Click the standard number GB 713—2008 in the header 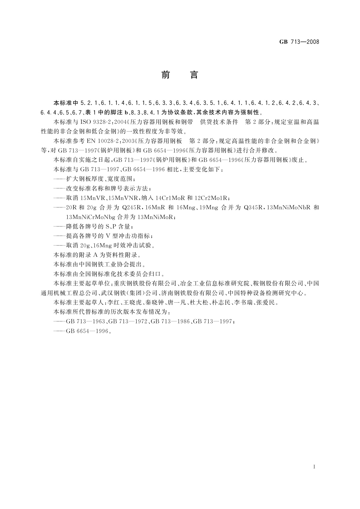pos(299,42)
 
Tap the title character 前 pos(165,75)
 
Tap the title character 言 pos(194,75)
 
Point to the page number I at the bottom pos(315,467)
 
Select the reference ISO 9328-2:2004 pos(101,122)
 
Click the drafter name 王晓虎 pos(128,303)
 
